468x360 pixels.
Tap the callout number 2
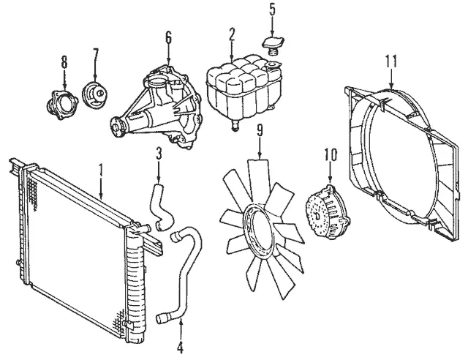pos(232,34)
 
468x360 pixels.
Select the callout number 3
pos(158,152)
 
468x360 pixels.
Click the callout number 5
pos(272,10)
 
